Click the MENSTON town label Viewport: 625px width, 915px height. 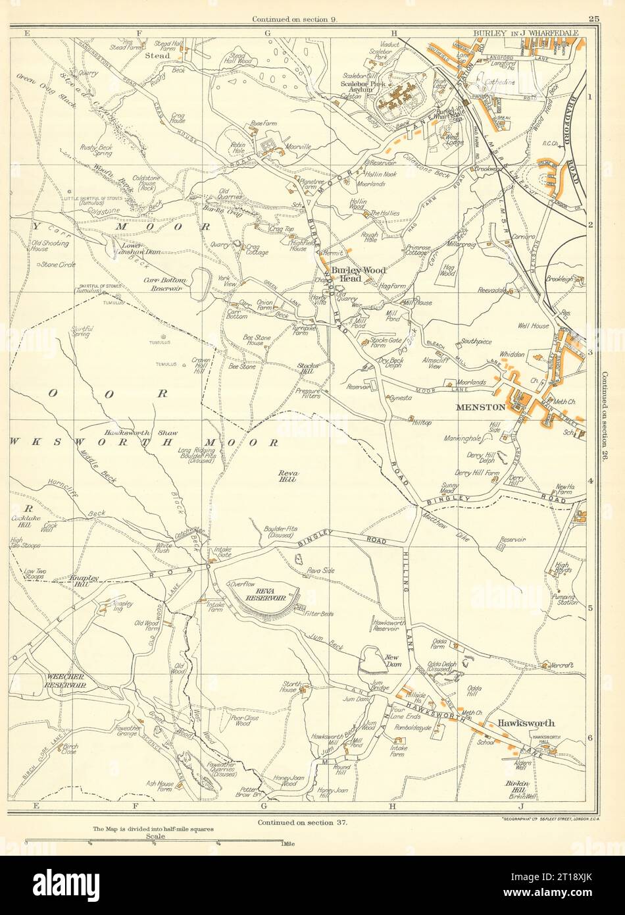coord(481,407)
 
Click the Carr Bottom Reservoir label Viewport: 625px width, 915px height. coord(166,284)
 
